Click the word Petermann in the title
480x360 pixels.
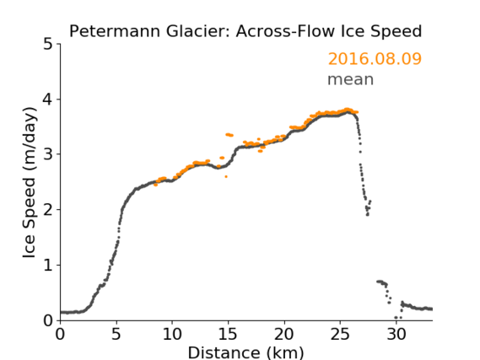pos(115,31)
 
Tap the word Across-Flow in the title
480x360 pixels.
pos(284,31)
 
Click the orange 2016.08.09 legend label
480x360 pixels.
pos(375,59)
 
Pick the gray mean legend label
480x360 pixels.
pos(351,79)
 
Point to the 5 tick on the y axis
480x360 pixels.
pos(48,45)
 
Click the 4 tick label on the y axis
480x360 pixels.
pos(48,99)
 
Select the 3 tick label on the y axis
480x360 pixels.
pos(48,154)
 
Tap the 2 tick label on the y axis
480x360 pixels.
pos(48,210)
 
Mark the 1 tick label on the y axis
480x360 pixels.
pos(48,266)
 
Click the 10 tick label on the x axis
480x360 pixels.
pos(172,334)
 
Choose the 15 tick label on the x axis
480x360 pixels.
pos(228,334)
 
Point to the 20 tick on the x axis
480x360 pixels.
pos(283,334)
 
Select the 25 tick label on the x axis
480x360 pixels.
pos(340,334)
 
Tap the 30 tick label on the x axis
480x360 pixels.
pos(396,334)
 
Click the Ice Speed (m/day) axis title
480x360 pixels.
pos(30,183)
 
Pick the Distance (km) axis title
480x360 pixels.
pos(245,352)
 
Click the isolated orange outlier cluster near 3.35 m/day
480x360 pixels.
pos(229,135)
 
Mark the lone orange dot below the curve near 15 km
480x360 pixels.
pos(226,176)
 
